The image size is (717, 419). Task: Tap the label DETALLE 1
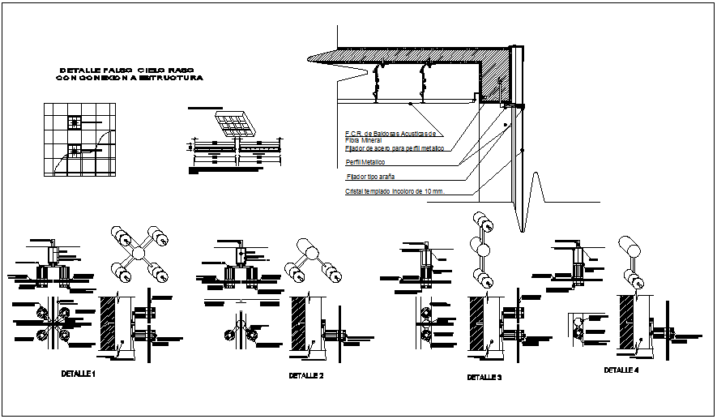(x=79, y=374)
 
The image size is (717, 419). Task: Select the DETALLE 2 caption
(x=306, y=376)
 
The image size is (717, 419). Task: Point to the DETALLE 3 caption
(x=484, y=378)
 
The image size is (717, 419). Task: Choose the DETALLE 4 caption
(x=621, y=370)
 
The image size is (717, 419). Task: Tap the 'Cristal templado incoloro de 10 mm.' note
(x=396, y=192)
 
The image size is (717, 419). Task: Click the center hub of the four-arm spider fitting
(x=139, y=254)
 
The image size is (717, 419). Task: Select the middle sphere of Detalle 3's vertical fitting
(x=483, y=250)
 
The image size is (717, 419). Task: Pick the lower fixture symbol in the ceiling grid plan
(x=75, y=150)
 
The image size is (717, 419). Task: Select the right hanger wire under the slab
(x=422, y=83)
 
